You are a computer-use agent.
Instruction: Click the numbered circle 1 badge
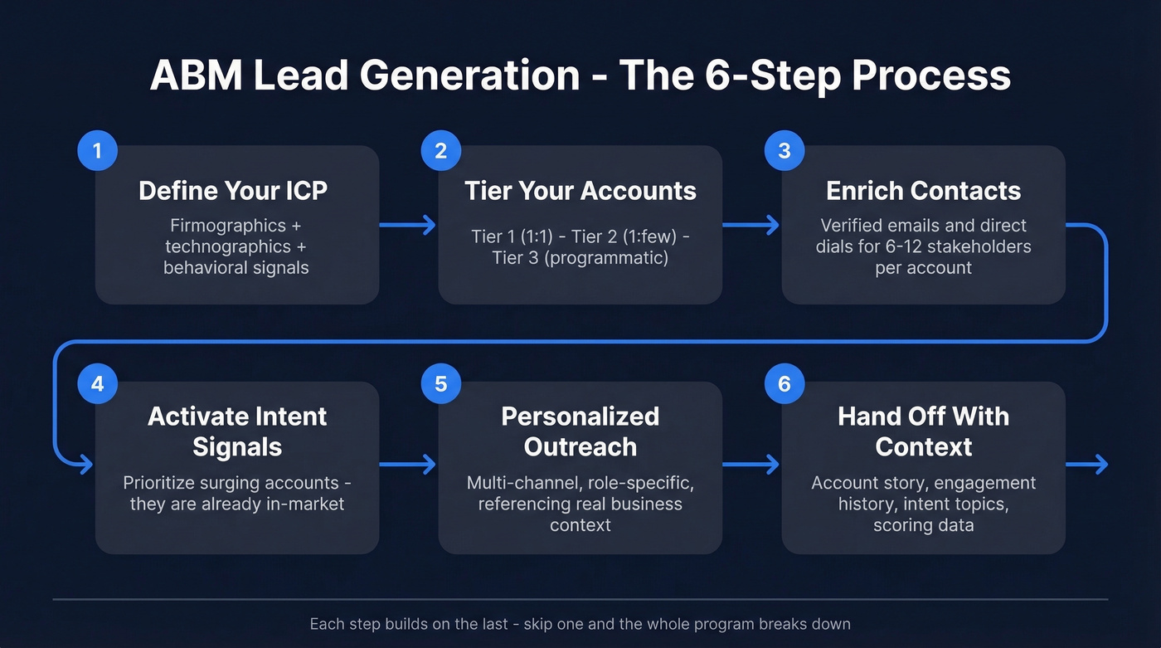(x=97, y=151)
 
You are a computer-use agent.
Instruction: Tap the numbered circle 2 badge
(x=440, y=151)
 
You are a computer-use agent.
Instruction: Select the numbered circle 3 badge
(x=784, y=151)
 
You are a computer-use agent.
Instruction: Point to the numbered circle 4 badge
(x=97, y=384)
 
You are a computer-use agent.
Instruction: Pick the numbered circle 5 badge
(x=440, y=384)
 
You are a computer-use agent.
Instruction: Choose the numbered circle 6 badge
(x=784, y=384)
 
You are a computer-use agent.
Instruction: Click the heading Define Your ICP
(x=233, y=191)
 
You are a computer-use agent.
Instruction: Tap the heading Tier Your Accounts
(x=580, y=191)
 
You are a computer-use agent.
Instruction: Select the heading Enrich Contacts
(x=923, y=191)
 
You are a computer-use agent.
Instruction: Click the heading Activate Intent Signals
(x=237, y=431)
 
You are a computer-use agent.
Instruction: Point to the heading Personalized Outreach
(x=580, y=431)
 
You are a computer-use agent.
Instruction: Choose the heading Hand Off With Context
(x=923, y=431)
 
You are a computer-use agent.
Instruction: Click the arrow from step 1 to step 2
(x=408, y=225)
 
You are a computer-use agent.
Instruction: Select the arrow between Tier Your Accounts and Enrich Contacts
(x=751, y=225)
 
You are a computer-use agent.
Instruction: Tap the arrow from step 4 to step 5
(x=408, y=465)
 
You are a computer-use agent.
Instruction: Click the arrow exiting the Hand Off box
(x=1087, y=465)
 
